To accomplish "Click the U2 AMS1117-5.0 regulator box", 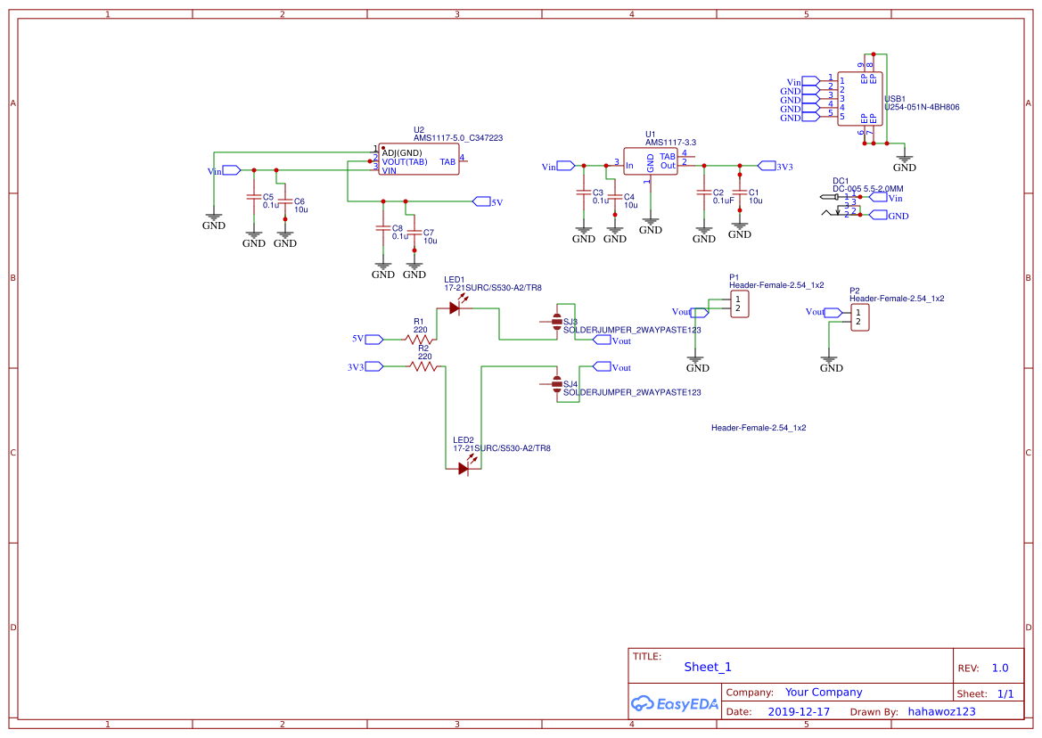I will (x=419, y=160).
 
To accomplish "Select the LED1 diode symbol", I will (x=455, y=308).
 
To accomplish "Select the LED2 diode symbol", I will (x=464, y=469).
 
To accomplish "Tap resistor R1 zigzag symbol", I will (x=418, y=339).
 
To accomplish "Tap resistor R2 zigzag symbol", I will (x=423, y=366).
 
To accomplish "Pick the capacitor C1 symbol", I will (x=739, y=193).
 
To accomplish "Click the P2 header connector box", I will (x=859, y=317).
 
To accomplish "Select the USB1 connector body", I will (x=859, y=98).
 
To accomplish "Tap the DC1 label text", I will (x=840, y=181).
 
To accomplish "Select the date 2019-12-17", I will (x=799, y=712).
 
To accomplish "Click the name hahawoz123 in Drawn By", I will (x=941, y=712).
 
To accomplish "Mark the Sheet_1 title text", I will (x=708, y=667).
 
